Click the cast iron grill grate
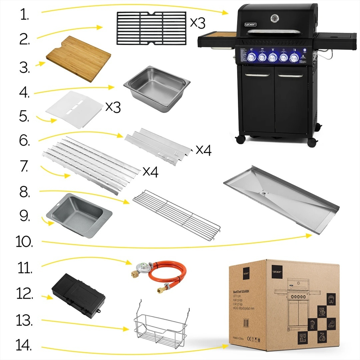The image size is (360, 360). point(151,28)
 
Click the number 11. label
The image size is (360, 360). point(25,268)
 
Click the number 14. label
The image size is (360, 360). point(24,346)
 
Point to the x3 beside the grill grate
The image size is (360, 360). point(197,23)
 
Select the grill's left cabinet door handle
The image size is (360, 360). point(258,75)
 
